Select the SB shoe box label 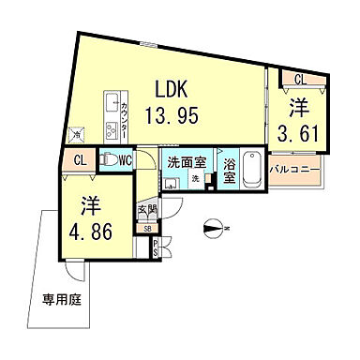[146, 227]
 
